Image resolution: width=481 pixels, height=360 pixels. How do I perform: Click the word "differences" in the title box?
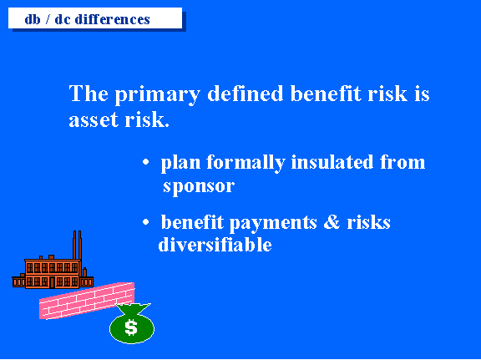coord(112,19)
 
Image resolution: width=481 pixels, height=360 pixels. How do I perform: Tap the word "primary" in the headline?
coord(158,94)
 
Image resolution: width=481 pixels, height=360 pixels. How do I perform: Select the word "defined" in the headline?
coord(246,93)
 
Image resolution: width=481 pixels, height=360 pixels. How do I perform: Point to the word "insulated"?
coord(332,162)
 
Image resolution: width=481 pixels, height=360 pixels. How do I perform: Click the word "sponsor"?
coord(199,186)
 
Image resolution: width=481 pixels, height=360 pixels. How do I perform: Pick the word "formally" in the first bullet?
coord(246,163)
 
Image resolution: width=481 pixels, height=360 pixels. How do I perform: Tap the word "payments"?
coord(273,223)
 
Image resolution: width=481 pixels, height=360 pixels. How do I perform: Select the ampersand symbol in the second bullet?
coord(332,221)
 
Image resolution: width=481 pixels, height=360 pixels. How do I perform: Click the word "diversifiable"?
coord(215,245)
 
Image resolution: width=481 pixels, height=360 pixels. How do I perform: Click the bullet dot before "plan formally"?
coord(145,162)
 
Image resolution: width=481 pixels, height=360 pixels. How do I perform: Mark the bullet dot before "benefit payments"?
coord(145,221)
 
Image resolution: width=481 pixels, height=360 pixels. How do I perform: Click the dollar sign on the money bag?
coord(131,327)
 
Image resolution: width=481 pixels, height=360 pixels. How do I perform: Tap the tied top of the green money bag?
coord(134,308)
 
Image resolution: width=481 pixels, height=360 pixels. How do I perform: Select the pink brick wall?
coord(87,301)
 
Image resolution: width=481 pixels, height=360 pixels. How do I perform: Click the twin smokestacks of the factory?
coord(77,245)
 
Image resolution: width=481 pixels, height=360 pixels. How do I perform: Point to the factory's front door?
coord(52,282)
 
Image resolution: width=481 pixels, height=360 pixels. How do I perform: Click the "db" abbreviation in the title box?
coord(33,19)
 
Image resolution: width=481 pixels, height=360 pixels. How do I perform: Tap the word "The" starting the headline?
coord(89,93)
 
